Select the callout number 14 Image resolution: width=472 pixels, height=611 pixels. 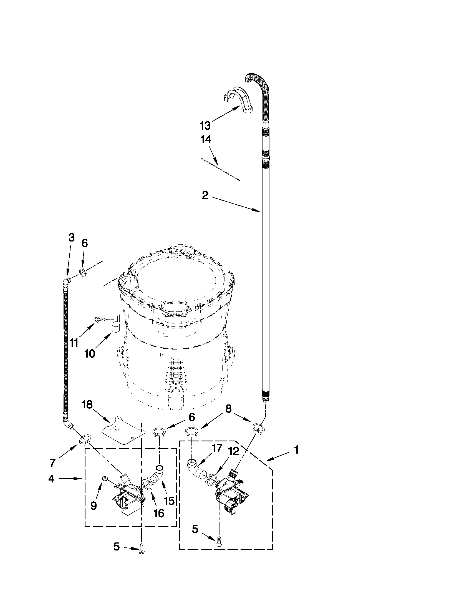click(206, 140)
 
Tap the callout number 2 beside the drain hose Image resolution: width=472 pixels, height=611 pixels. click(205, 195)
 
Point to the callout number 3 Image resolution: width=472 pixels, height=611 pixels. click(72, 238)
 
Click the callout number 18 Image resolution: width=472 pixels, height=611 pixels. click(87, 404)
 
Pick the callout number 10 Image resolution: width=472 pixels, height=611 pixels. click(89, 354)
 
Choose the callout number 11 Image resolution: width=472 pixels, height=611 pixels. click(74, 343)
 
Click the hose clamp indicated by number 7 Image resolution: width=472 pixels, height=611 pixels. click(86, 440)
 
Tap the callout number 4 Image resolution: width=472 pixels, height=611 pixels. click(51, 478)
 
